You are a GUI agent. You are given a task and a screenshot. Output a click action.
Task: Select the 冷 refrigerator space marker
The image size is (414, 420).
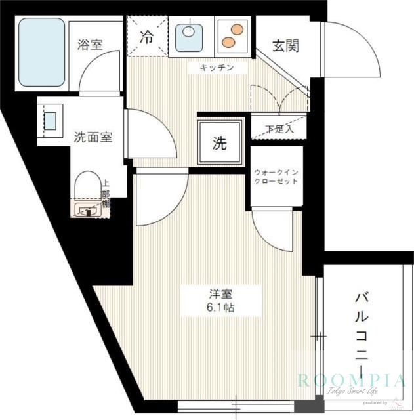(147, 37)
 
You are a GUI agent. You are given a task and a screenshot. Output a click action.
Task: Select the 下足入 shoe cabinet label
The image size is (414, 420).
(279, 129)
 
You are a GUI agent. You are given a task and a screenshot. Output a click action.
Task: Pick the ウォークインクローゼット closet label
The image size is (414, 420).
(276, 176)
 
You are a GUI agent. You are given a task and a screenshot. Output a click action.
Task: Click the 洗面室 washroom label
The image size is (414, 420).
(93, 137)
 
